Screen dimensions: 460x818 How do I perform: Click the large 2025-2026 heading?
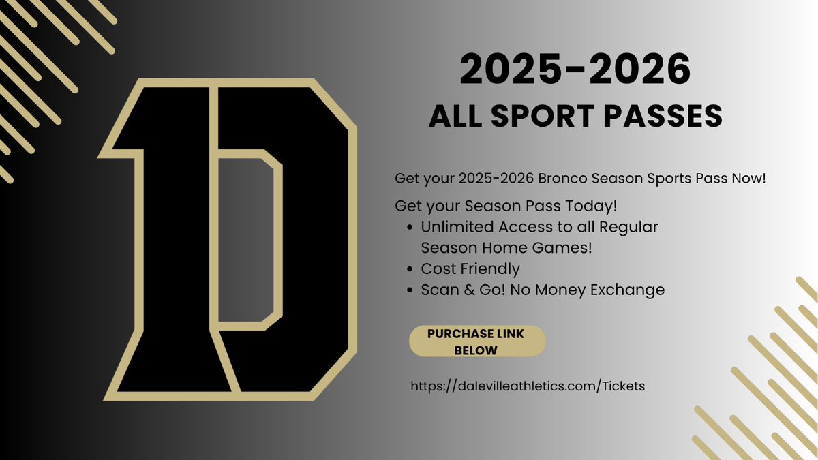click(x=575, y=72)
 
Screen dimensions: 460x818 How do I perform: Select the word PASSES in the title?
click(x=659, y=117)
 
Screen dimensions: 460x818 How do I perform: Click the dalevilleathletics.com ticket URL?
click(x=527, y=386)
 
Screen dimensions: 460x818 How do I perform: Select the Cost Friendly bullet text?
click(x=470, y=269)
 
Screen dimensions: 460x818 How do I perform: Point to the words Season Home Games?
click(x=506, y=248)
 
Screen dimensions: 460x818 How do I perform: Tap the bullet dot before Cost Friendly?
click(x=408, y=269)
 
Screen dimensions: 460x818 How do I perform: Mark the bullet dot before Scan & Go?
click(x=408, y=290)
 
